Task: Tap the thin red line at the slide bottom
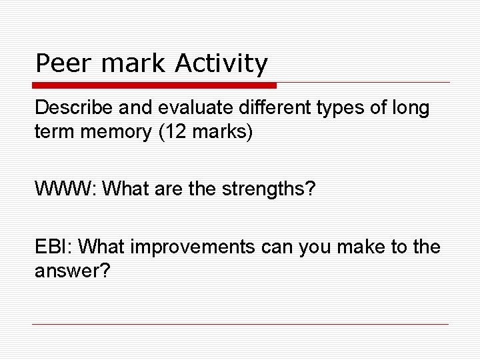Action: [240, 324]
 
